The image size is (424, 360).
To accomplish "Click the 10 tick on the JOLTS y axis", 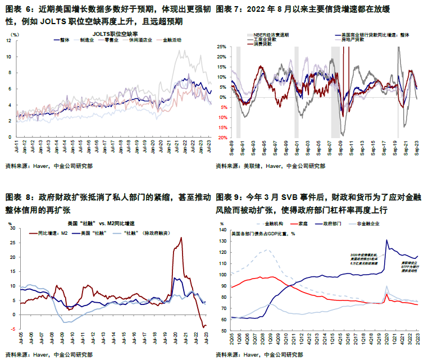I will coord(8,57).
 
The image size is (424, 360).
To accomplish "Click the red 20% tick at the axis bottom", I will coord(224,138).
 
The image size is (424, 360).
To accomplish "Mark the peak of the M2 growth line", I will coord(181,238).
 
